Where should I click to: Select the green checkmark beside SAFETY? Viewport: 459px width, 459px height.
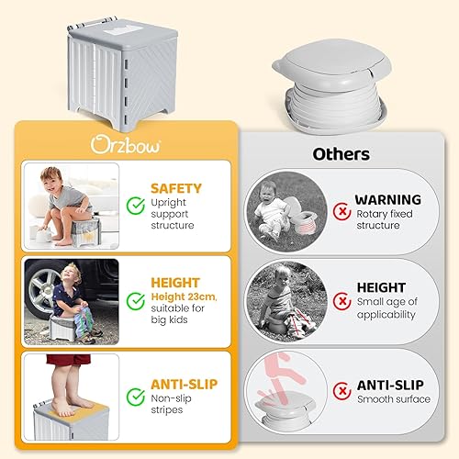tap(136, 207)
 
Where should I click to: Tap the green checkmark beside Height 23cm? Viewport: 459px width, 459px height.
tap(136, 299)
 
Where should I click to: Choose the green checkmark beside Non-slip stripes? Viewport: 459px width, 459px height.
tap(136, 396)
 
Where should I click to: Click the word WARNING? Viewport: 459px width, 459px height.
tap(387, 199)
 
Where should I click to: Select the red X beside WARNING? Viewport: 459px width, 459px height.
tap(342, 210)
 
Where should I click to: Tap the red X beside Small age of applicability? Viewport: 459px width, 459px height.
tap(342, 299)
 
